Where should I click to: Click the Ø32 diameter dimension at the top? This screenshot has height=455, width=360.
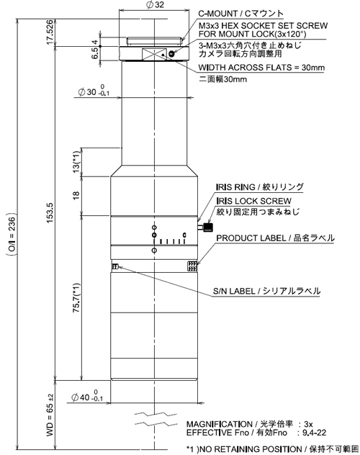(x=155, y=4)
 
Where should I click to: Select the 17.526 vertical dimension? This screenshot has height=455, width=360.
(x=50, y=32)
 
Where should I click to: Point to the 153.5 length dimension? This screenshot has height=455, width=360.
(x=50, y=212)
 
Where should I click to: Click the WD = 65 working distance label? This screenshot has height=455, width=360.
(x=50, y=415)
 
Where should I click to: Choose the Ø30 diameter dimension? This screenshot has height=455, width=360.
(x=94, y=91)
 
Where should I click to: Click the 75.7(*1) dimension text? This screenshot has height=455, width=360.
(x=76, y=298)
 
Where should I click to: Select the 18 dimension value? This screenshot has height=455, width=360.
(x=76, y=195)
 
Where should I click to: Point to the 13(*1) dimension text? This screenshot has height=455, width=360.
(x=76, y=162)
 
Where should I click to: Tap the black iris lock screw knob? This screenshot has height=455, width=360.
(x=208, y=227)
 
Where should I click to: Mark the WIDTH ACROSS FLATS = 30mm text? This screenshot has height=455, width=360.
(x=261, y=68)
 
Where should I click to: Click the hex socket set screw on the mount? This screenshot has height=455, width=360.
(x=171, y=54)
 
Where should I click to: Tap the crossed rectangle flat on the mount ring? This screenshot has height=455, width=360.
(x=154, y=55)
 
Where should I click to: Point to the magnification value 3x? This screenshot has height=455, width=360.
(x=308, y=424)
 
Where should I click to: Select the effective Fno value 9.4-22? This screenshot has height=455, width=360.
(x=314, y=433)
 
